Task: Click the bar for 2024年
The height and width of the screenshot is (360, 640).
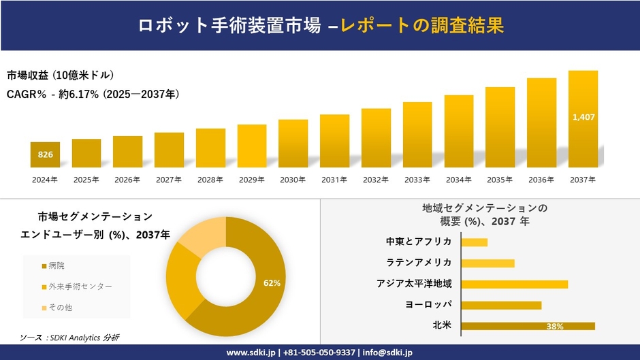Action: click(x=45, y=154)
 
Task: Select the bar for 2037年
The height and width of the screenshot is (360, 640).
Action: click(x=583, y=119)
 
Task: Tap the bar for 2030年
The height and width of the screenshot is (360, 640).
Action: click(x=293, y=144)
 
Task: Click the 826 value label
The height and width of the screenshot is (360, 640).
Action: click(x=45, y=155)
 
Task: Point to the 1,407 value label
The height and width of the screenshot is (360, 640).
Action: click(x=583, y=117)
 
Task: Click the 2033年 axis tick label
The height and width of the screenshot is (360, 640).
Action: click(x=417, y=180)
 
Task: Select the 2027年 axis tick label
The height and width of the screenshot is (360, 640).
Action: click(x=169, y=180)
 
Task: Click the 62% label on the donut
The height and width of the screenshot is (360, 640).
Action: click(x=272, y=282)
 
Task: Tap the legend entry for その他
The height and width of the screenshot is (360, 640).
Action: click(x=60, y=308)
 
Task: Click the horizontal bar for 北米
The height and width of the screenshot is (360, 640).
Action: click(x=528, y=326)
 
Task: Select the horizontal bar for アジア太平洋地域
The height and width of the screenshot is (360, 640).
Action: click(x=514, y=284)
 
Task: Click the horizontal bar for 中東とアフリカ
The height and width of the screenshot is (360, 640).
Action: click(x=474, y=242)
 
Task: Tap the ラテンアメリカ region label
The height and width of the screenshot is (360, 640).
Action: click(x=419, y=263)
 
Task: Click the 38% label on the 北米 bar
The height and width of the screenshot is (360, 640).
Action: click(x=554, y=327)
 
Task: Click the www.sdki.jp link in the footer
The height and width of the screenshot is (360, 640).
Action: click(x=250, y=353)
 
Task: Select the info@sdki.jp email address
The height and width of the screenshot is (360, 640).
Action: click(x=387, y=353)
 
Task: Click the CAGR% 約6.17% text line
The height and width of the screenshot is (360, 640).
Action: click(x=93, y=94)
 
